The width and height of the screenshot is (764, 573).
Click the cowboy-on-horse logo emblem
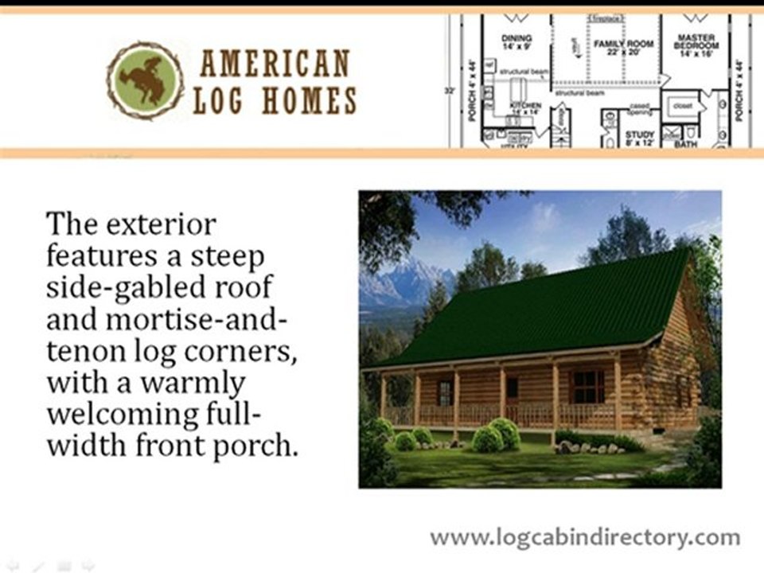point(146,81)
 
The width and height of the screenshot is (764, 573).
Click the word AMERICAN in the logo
point(275,64)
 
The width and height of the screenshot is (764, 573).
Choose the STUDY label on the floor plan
point(639,134)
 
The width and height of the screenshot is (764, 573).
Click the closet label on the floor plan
point(682,104)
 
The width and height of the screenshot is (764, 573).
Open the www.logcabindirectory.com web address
point(585,537)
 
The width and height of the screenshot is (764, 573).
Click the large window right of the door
point(588,386)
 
